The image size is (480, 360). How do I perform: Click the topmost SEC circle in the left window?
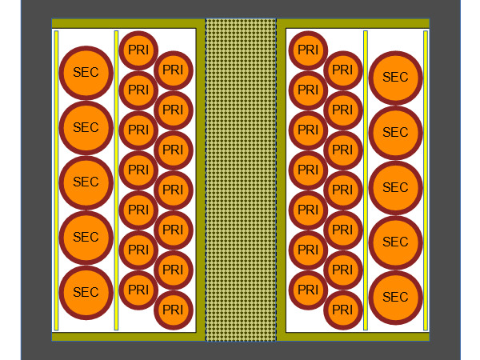[x=86, y=72]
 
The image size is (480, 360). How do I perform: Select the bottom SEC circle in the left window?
[x=86, y=293]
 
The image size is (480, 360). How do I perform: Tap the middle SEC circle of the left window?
[x=86, y=182]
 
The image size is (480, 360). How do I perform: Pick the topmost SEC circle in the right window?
[x=395, y=78]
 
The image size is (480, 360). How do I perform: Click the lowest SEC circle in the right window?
[x=395, y=298]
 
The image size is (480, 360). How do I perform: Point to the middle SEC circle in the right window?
[x=395, y=187]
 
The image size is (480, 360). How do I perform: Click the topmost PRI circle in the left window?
[x=138, y=50]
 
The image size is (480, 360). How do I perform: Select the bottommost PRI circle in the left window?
[x=173, y=310]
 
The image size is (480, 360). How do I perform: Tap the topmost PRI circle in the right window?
[x=308, y=50]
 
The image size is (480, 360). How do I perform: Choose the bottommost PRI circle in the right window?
[x=342, y=310]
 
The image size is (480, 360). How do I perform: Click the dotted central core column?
[x=241, y=180]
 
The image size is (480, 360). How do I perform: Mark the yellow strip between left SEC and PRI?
[x=117, y=180]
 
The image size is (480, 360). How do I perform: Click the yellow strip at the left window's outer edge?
[x=56, y=180]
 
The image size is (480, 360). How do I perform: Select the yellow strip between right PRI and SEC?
[x=366, y=180]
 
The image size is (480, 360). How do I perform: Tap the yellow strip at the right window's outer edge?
[x=426, y=180]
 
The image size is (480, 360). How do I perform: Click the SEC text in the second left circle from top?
[x=86, y=127]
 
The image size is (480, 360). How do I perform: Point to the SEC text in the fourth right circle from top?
[x=395, y=242]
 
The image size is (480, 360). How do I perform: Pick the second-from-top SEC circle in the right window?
[x=395, y=133]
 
